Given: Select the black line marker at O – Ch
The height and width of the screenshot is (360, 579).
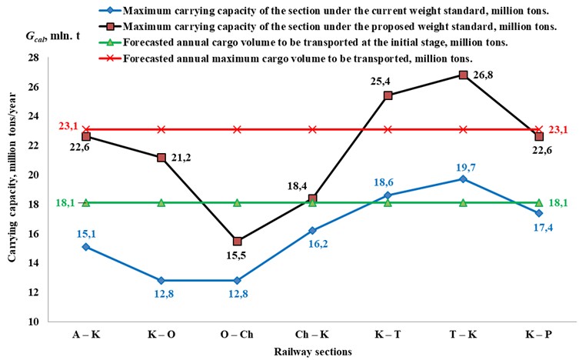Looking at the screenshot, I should (x=237, y=242).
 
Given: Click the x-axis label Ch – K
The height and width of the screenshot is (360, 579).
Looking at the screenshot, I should (x=312, y=335).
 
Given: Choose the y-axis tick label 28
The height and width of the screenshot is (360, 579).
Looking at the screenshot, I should (x=33, y=58).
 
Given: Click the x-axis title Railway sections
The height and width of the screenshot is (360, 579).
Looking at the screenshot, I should (x=312, y=351).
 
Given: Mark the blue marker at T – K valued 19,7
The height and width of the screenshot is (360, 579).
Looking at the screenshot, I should (x=463, y=179).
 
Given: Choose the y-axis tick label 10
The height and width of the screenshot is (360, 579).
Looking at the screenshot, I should (x=33, y=322).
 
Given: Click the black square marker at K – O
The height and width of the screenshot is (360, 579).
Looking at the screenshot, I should (x=161, y=158).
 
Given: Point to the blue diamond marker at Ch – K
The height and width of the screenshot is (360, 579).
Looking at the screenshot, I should (x=312, y=230).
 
